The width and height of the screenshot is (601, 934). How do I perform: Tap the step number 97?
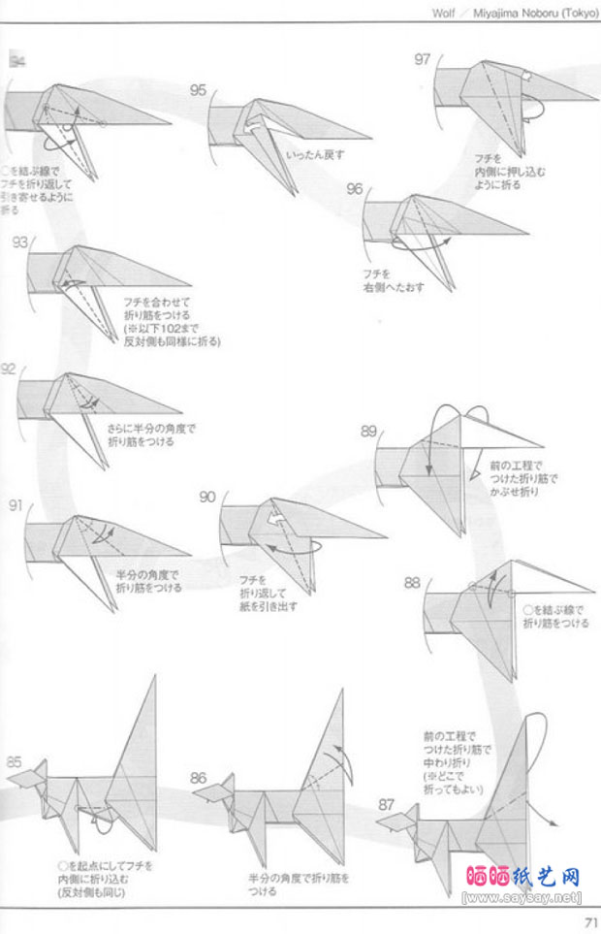422,59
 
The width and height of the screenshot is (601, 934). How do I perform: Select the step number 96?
354,188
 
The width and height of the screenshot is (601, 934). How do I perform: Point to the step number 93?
20,242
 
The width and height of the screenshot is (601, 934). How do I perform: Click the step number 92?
9,370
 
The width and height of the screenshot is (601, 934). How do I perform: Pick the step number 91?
16,505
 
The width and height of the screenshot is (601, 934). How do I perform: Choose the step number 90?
207,497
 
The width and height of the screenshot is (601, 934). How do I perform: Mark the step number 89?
368,431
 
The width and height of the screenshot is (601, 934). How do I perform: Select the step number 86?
199,777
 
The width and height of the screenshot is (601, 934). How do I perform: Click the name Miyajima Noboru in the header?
513,13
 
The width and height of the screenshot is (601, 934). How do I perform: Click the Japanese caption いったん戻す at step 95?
315,154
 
